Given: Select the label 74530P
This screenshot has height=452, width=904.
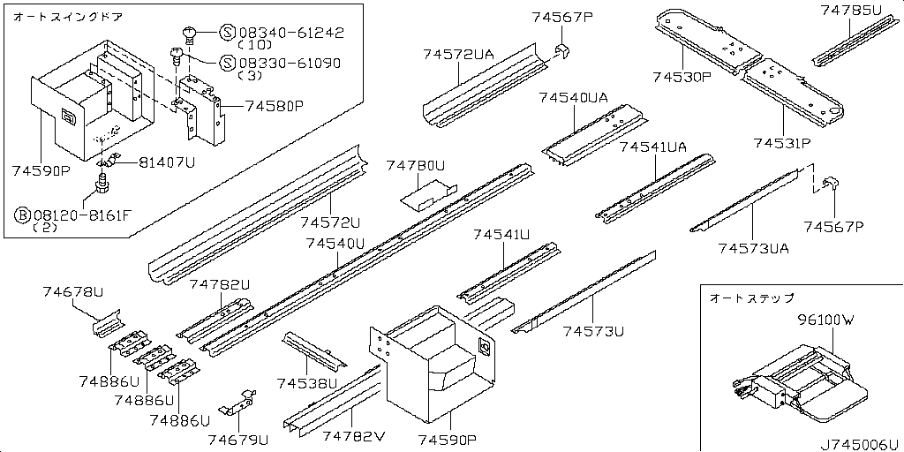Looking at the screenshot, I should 682,78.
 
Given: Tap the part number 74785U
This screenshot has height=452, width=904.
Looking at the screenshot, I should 850,11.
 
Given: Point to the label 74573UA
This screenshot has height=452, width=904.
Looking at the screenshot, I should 753,248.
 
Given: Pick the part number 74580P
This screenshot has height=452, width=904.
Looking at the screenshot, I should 274,106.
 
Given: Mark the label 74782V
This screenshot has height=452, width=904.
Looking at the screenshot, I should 354,437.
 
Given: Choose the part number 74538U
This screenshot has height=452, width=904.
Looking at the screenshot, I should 307,383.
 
